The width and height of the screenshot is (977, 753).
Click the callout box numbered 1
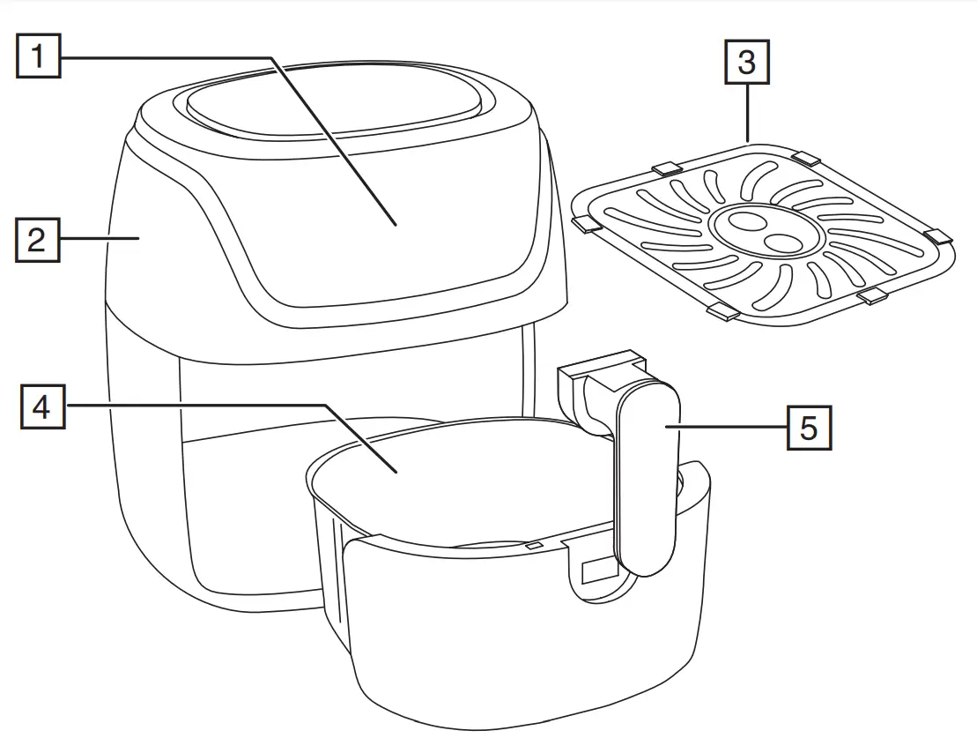pyautogui.click(x=38, y=56)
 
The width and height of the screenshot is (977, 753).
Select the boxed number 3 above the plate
pyautogui.click(x=746, y=63)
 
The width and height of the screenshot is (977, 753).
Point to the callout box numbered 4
pyautogui.click(x=41, y=407)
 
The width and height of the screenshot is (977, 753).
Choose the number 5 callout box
pyautogui.click(x=808, y=428)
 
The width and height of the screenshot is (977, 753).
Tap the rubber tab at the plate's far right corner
pyautogui.click(x=938, y=235)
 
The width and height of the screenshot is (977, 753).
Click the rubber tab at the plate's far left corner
pyautogui.click(x=584, y=226)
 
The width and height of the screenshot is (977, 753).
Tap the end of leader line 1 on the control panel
pyautogui.click(x=396, y=224)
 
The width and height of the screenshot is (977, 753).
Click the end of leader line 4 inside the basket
pyautogui.click(x=398, y=472)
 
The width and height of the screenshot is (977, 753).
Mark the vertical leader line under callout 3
pyautogui.click(x=747, y=113)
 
